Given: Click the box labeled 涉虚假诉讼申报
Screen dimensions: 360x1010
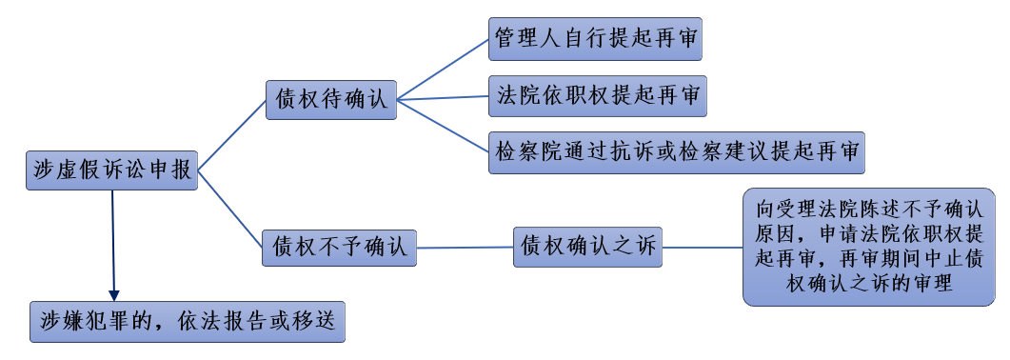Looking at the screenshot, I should click(x=111, y=170).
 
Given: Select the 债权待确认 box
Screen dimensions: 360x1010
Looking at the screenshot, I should click(x=331, y=99).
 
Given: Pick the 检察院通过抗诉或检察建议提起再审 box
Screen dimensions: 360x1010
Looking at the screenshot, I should click(x=677, y=152).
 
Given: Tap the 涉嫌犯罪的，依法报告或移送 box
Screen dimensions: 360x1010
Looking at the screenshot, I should click(x=187, y=321).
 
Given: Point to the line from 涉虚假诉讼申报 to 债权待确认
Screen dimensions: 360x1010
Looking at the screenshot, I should click(x=231, y=135).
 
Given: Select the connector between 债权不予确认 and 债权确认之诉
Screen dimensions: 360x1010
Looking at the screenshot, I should click(x=465, y=248).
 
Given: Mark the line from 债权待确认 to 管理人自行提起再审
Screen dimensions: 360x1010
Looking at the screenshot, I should click(x=443, y=70).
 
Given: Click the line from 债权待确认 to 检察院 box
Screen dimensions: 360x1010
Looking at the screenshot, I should click(x=443, y=124).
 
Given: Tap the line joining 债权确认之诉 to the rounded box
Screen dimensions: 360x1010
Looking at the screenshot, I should click(x=703, y=247).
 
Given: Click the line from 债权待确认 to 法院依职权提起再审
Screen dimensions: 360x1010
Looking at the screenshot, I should click(x=443, y=97).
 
